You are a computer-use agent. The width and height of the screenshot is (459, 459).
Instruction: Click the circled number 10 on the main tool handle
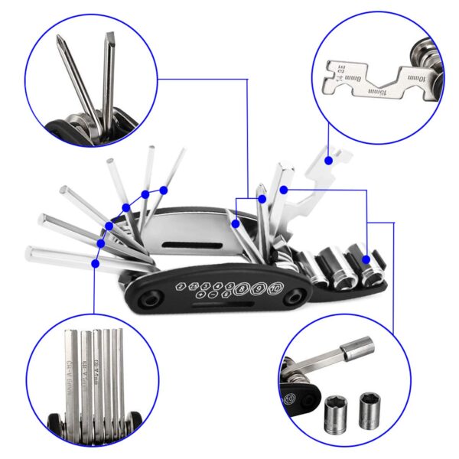coord(275,289)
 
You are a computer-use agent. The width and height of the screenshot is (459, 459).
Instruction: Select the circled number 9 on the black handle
coord(259,290)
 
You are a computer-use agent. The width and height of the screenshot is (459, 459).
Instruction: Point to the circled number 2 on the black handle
coord(180,285)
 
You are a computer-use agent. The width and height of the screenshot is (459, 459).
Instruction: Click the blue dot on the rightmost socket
coord(366,260)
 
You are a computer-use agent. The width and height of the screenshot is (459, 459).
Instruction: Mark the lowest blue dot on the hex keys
coord(95,262)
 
